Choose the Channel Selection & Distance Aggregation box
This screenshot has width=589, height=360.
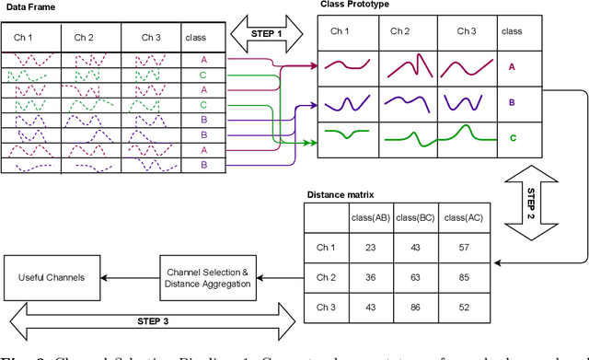(x=208, y=276)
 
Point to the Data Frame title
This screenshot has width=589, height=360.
(x=29, y=8)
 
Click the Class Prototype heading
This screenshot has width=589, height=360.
(x=355, y=6)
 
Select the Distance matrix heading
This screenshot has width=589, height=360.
(x=339, y=194)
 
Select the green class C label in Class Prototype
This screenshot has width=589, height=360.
(x=512, y=138)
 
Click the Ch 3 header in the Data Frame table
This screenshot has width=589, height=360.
(x=153, y=38)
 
